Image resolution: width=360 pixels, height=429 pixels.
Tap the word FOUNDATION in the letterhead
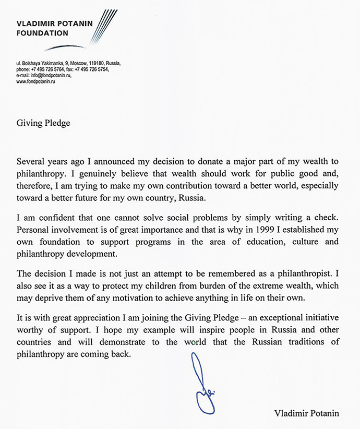tap(42, 33)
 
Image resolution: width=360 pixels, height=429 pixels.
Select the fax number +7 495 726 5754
tap(92, 69)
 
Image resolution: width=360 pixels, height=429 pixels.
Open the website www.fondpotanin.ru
tap(36, 81)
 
